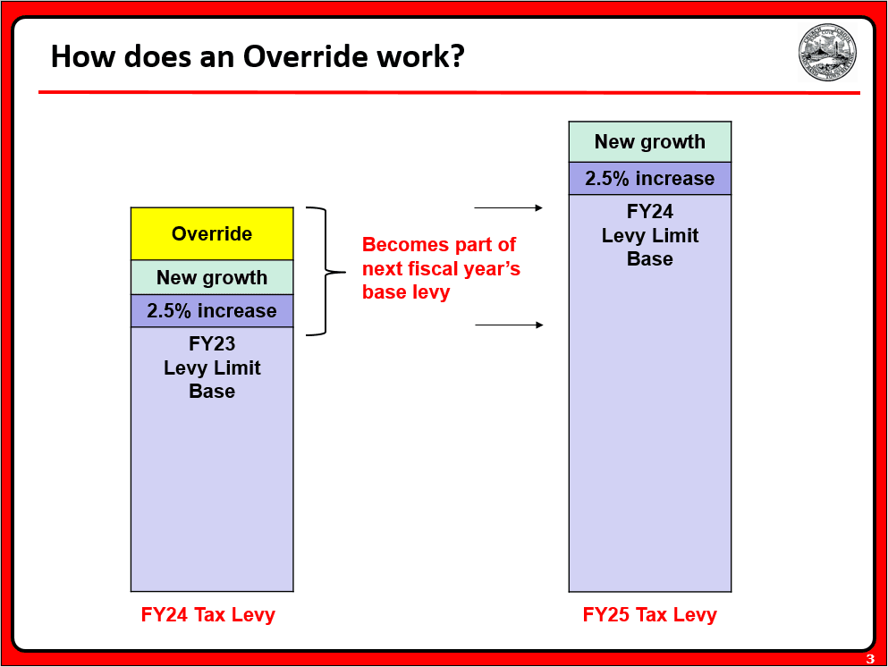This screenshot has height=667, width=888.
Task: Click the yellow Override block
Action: pos(212,233)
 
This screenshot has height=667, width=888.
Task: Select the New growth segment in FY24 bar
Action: pos(212,277)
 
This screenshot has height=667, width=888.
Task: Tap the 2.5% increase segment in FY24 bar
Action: pos(212,311)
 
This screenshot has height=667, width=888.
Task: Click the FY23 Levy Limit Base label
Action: pos(212,367)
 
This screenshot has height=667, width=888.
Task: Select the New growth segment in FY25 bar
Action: pos(650,141)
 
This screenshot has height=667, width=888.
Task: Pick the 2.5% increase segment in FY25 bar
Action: pos(650,178)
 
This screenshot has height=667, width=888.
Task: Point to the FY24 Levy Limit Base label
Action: pos(650,235)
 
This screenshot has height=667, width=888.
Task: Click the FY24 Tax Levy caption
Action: pos(208,615)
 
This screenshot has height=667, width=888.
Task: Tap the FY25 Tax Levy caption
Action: pos(650,615)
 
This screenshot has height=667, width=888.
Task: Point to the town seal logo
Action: pos(827,53)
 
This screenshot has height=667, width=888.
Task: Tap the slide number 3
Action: pos(870,660)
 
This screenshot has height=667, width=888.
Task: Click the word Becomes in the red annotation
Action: pos(402,245)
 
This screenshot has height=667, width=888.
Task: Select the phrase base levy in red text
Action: pos(406,292)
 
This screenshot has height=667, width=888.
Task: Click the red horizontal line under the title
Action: pos(447,92)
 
